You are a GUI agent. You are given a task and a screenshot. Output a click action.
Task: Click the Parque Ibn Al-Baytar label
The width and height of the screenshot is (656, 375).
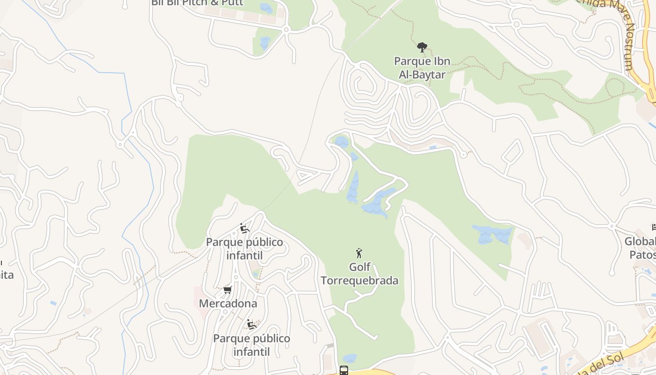click(x=422, y=67)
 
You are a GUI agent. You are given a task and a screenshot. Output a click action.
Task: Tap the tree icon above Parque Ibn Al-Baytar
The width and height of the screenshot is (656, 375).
click(x=422, y=47)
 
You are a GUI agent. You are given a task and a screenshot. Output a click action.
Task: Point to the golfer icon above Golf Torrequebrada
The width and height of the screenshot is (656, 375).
click(x=359, y=253)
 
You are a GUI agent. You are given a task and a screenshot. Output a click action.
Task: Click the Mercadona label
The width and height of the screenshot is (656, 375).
click(x=228, y=303)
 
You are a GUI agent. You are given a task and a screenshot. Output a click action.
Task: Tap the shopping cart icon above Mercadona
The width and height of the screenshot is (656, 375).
click(x=228, y=290)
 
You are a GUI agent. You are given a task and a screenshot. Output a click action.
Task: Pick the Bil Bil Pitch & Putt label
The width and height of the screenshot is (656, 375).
click(x=197, y=3)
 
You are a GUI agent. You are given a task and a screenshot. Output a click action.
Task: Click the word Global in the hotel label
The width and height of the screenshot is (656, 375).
click(x=640, y=241)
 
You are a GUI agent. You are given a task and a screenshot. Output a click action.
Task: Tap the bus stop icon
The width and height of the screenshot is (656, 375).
click(x=343, y=370)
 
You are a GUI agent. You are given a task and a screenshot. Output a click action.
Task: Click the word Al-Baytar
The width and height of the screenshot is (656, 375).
click(x=422, y=74)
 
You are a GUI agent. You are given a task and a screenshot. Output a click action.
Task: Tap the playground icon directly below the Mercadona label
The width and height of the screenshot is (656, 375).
click(x=252, y=324)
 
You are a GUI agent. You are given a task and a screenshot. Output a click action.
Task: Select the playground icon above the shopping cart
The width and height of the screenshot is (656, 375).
click(x=244, y=228)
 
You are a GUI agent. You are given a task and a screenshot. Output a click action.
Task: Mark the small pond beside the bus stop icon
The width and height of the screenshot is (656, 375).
click(x=350, y=358)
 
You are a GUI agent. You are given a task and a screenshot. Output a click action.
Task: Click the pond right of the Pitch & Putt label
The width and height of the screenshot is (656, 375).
click(x=266, y=8)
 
